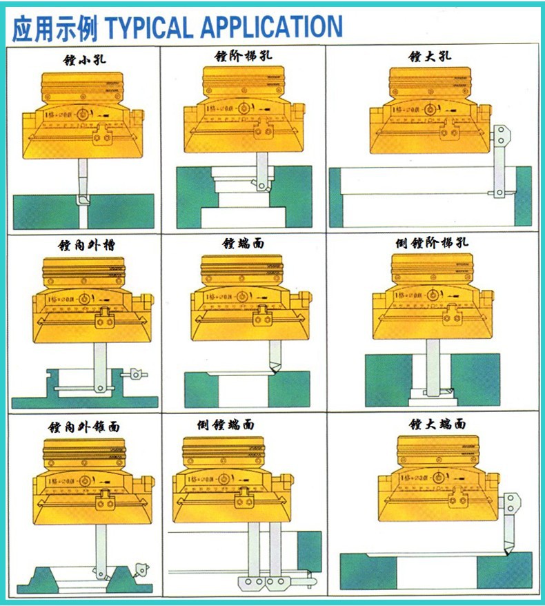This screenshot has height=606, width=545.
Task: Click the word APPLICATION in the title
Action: point(271,28)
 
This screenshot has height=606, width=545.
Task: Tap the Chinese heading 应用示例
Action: point(55,28)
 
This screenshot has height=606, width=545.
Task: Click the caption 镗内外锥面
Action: point(83,427)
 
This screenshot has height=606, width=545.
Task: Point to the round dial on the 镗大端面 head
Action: point(438,477)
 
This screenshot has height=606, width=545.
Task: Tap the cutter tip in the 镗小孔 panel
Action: point(83,199)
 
